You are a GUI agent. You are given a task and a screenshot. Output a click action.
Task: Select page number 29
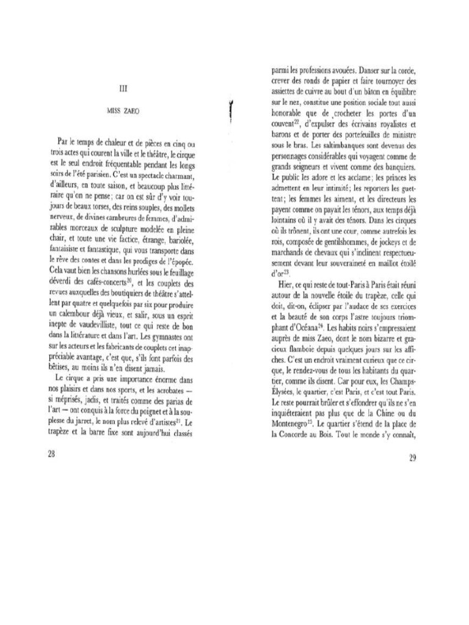(412, 459)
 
